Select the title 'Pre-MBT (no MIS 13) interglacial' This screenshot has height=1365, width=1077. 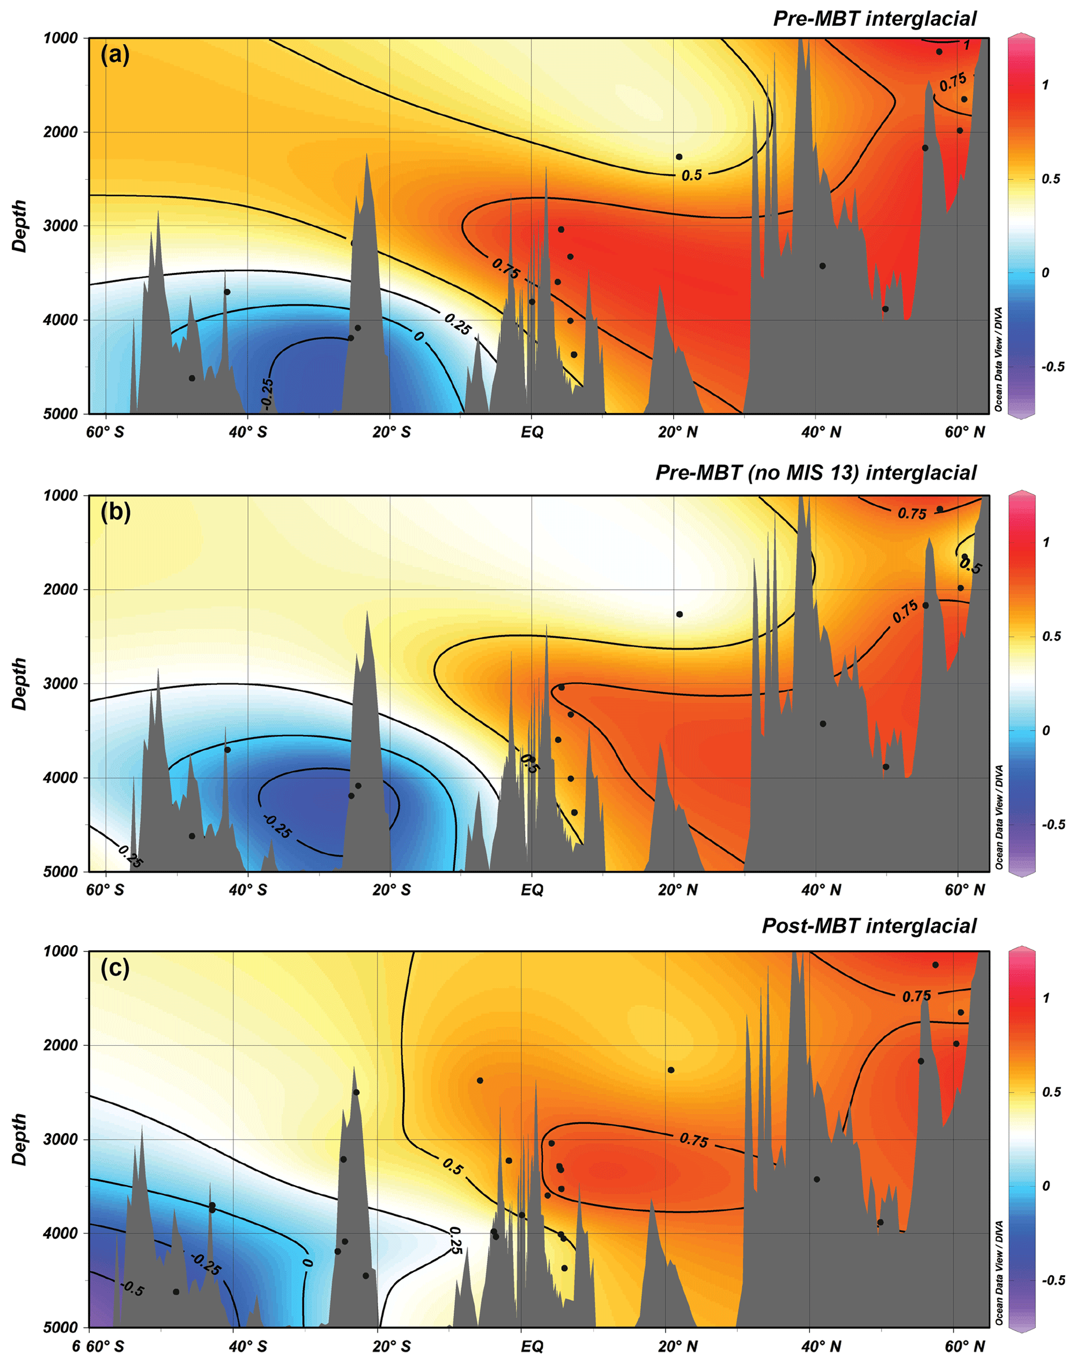pos(815,473)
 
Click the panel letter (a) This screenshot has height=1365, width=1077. pos(115,55)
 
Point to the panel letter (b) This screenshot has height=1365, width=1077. pos(115,512)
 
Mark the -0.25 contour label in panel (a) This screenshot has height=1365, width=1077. pos(267,392)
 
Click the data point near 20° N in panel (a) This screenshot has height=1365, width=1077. pos(679,156)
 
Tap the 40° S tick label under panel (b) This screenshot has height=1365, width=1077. pos(248,890)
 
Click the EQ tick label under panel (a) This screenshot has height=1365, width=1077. pos(531,432)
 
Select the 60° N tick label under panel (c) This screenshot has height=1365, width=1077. pos(965,1346)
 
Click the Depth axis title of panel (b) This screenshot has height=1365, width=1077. pos(20,684)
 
